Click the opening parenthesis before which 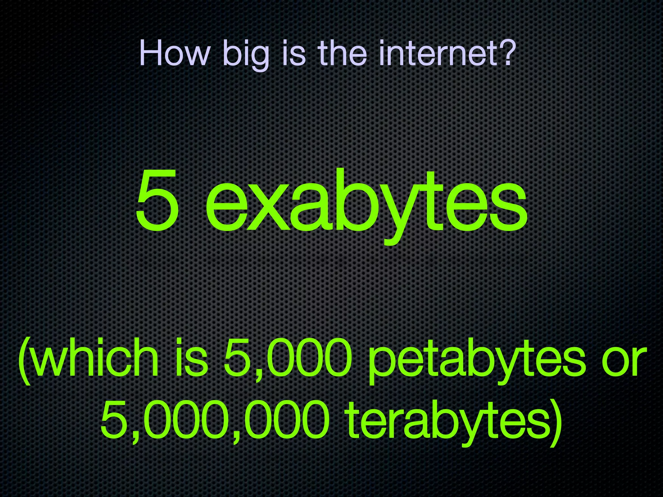[25, 361]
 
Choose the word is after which [191, 359]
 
